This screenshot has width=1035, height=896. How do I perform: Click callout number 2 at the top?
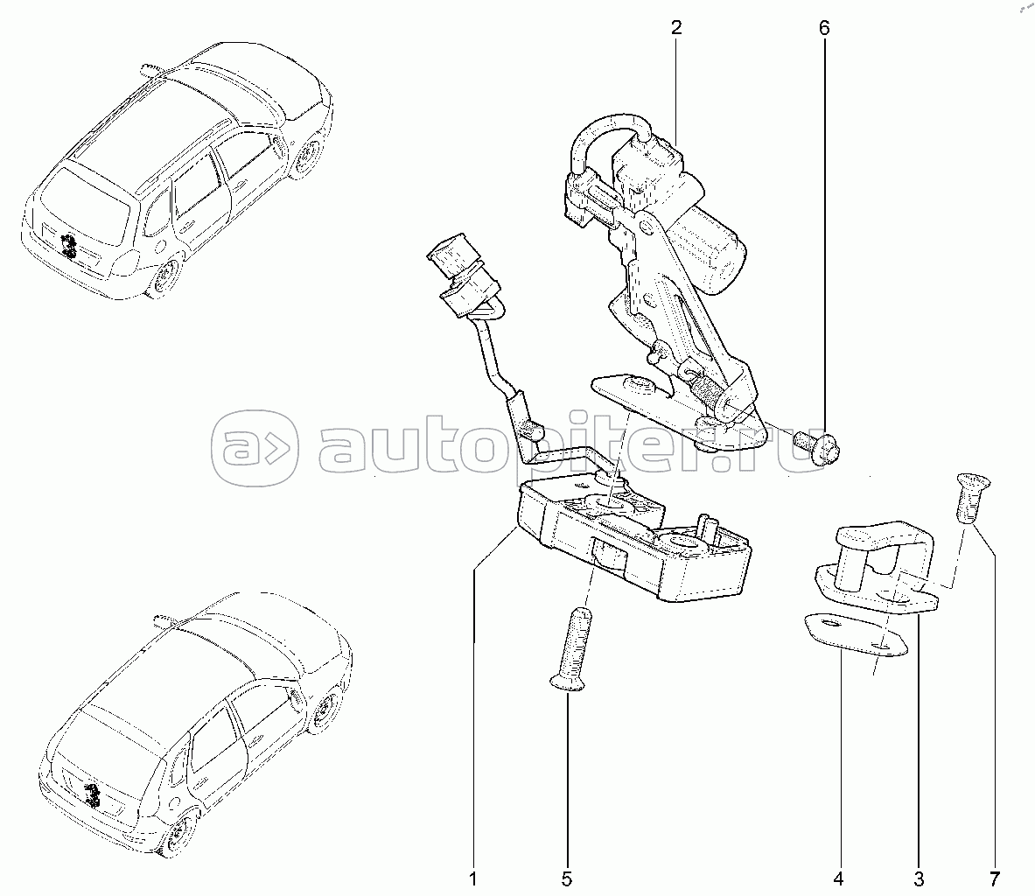pos(675,28)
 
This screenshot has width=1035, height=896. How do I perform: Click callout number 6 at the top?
pos(824,28)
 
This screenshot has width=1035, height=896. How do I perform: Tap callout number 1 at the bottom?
pos(472,878)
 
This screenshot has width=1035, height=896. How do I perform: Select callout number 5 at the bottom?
pos(566,878)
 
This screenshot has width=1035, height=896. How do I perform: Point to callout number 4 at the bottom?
pos(838,878)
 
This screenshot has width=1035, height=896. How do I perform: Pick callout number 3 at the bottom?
pos(919,878)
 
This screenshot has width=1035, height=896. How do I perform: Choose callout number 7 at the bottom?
pos(994,878)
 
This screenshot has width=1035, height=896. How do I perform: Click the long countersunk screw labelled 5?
pos(571,649)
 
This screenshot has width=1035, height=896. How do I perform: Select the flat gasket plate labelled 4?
pos(856,636)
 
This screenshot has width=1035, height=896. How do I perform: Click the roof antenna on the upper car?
pos(153,68)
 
